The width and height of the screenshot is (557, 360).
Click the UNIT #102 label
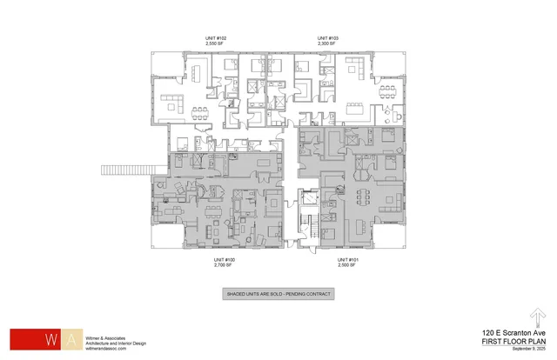tap(214, 38)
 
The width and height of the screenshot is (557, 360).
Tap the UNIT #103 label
tap(327, 38)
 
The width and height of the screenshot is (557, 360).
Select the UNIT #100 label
tap(225, 259)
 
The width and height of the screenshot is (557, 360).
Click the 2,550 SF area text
tap(214, 43)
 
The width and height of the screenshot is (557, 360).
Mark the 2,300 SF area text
tap(327, 43)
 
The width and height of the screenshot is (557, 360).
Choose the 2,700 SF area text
tap(225, 264)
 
